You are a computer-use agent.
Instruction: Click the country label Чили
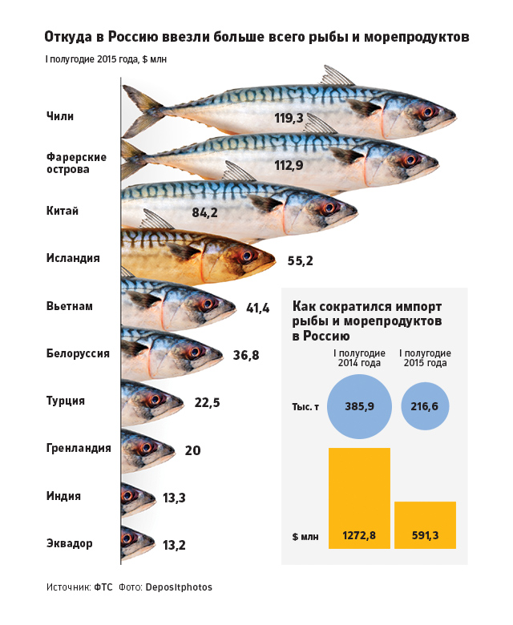click(x=60, y=116)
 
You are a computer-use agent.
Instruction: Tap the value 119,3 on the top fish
click(x=289, y=119)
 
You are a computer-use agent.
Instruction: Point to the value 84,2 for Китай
click(x=205, y=213)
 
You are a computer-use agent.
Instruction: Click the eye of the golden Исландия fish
click(x=246, y=256)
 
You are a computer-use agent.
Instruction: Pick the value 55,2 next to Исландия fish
click(x=300, y=260)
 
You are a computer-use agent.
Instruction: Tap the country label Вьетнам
click(x=70, y=306)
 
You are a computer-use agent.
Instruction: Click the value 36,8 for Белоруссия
click(x=246, y=354)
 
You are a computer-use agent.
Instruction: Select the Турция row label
click(x=66, y=401)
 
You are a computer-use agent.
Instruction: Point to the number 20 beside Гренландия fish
click(x=192, y=450)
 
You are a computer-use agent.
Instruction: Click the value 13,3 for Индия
click(x=174, y=498)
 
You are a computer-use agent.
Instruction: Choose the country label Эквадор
click(x=70, y=543)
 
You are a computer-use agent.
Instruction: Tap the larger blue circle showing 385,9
click(x=359, y=407)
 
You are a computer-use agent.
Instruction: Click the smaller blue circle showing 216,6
click(x=424, y=407)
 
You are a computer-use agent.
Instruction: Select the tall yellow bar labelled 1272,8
click(x=359, y=497)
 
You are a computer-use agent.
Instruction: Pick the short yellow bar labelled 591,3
click(x=425, y=525)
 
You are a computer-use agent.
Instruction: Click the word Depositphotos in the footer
click(x=179, y=587)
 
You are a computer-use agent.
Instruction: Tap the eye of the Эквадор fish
click(x=127, y=539)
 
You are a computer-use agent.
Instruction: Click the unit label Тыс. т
click(x=305, y=407)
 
